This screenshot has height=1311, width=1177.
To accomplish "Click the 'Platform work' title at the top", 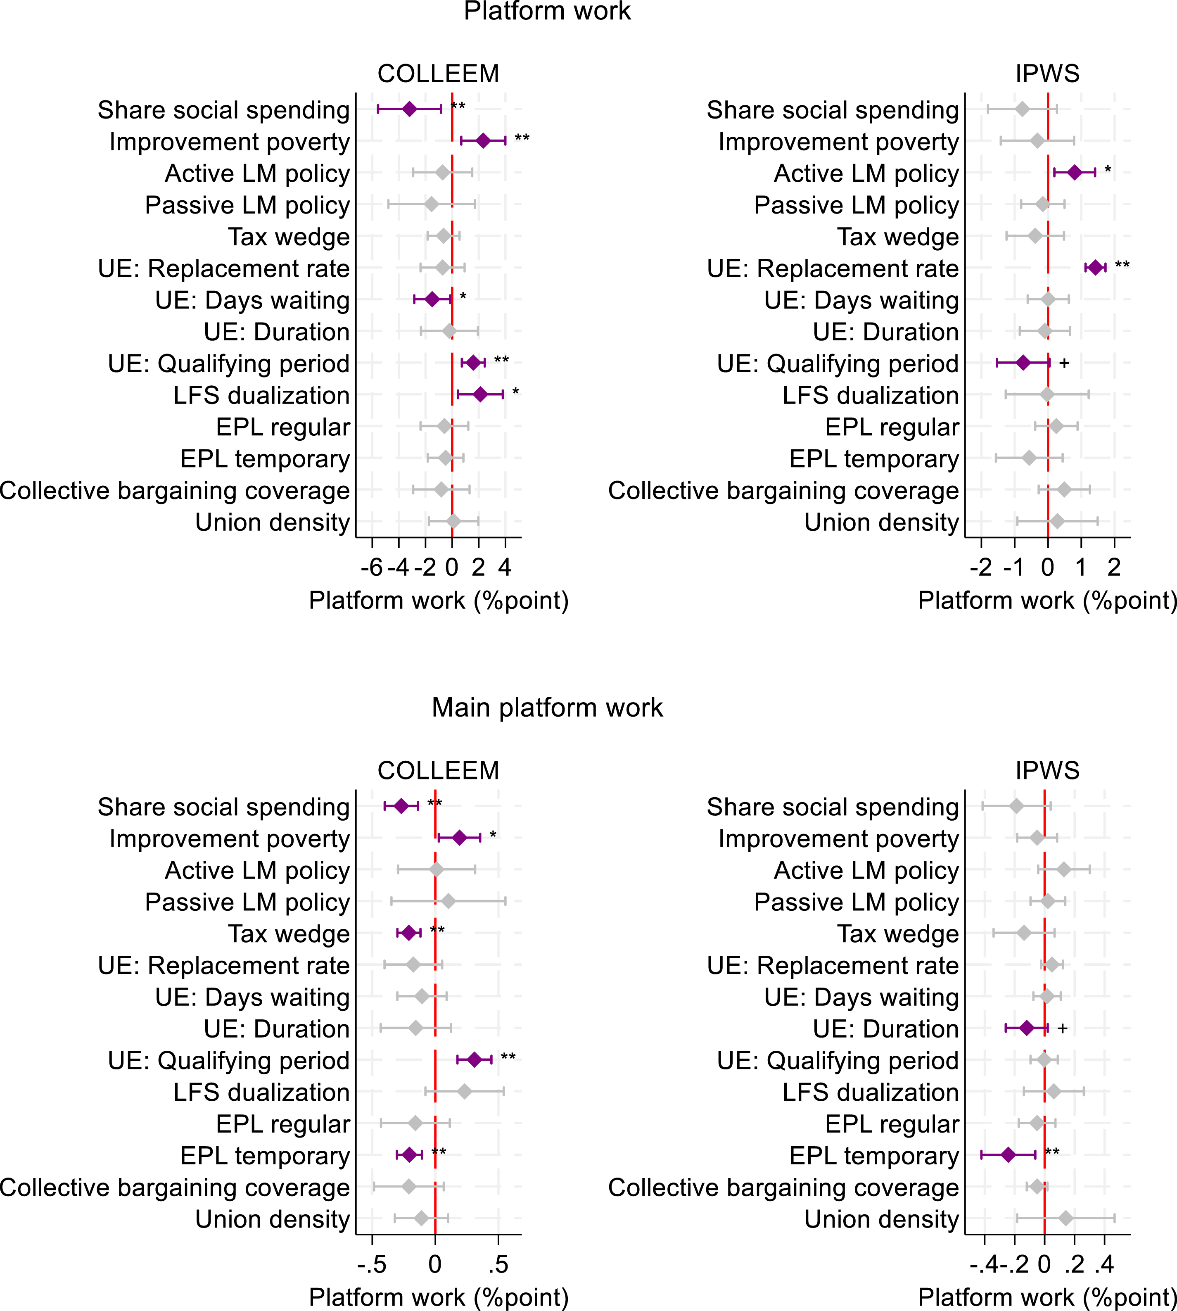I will pyautogui.click(x=547, y=12).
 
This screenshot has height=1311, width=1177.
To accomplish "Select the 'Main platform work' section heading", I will pyautogui.click(x=547, y=708).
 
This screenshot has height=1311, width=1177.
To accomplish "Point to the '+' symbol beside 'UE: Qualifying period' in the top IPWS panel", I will pyautogui.click(x=1065, y=363).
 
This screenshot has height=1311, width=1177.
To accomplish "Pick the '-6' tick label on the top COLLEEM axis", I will pyautogui.click(x=372, y=568).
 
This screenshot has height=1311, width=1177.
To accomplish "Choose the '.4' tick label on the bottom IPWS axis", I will pyautogui.click(x=1104, y=1264).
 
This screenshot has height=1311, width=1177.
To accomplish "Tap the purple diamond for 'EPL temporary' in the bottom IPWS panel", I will pyautogui.click(x=1008, y=1154).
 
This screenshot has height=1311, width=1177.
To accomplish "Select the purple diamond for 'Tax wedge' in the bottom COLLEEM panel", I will pyautogui.click(x=409, y=933).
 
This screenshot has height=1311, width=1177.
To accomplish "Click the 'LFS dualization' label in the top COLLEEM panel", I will pyautogui.click(x=261, y=395).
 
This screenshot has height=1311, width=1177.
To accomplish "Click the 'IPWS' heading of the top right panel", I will pyautogui.click(x=1047, y=74).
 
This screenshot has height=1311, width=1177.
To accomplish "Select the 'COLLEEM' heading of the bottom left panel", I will pyautogui.click(x=439, y=770).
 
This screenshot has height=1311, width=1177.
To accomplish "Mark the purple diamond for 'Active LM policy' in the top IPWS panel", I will pyautogui.click(x=1074, y=173).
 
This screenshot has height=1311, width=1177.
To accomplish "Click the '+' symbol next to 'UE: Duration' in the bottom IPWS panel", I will pyautogui.click(x=1062, y=1028).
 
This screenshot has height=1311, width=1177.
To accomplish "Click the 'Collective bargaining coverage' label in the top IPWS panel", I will pyautogui.click(x=783, y=490).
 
